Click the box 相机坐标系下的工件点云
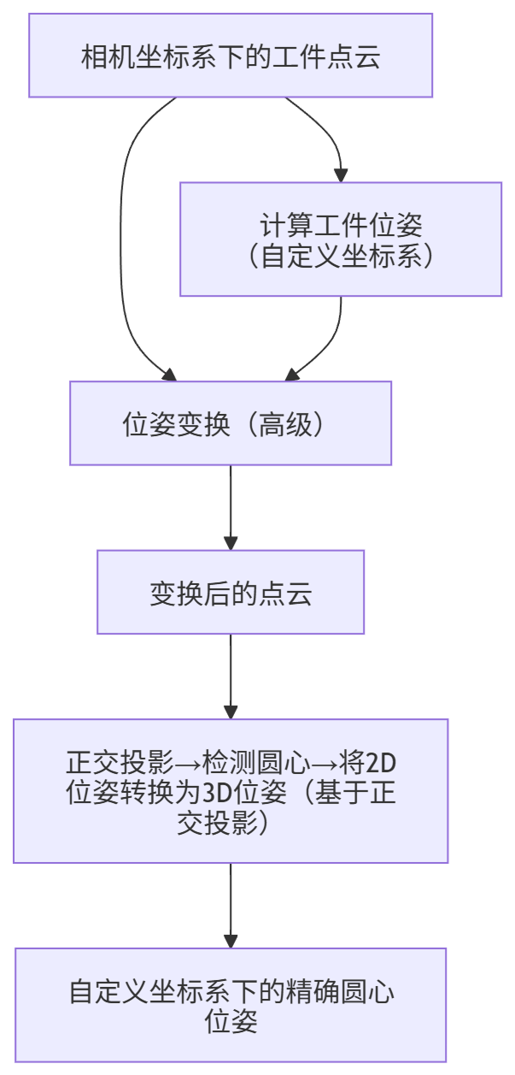[x=231, y=56]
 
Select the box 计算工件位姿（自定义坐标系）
[x=341, y=239]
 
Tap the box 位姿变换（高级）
[x=231, y=423]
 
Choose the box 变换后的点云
[x=231, y=592]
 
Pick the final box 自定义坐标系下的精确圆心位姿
[x=231, y=1005]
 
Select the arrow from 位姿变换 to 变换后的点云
[x=231, y=507]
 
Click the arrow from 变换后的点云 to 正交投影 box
[x=231, y=676]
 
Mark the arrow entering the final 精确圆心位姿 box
[x=231, y=905]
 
